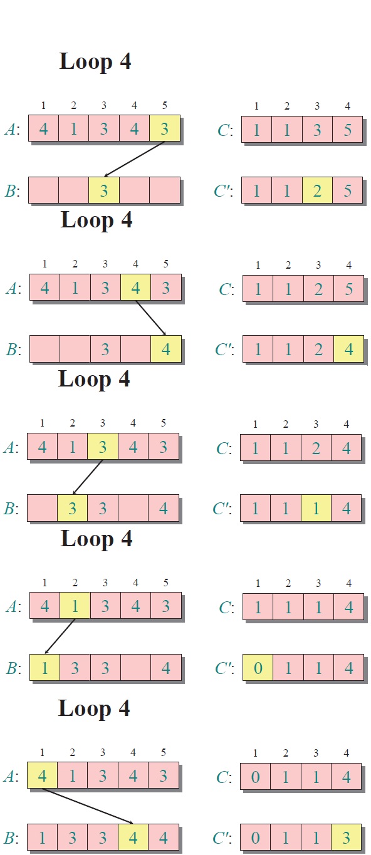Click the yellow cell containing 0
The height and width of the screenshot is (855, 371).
(x=258, y=668)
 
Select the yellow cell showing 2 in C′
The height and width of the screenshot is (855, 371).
(x=317, y=190)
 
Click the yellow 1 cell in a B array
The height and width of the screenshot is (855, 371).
(x=44, y=668)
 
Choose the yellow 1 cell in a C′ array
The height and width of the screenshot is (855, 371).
(x=316, y=508)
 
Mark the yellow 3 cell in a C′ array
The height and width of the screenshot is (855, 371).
(x=346, y=837)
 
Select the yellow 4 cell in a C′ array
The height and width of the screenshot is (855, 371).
(x=349, y=349)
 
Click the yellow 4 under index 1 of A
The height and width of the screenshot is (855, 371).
(x=42, y=775)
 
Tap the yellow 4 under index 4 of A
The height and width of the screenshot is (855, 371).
(x=135, y=288)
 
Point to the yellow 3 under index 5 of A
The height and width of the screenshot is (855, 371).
(x=165, y=128)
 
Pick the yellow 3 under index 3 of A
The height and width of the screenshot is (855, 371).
(x=102, y=447)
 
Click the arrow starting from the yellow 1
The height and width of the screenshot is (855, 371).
(x=60, y=636)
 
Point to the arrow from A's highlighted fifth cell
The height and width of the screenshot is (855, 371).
(x=135, y=159)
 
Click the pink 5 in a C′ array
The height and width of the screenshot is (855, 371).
(x=347, y=190)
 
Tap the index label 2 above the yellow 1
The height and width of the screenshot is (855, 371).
(x=75, y=583)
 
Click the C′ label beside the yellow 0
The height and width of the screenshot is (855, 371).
(x=224, y=668)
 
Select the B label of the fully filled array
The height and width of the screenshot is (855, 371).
(x=11, y=838)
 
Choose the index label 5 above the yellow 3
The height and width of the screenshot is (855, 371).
(x=165, y=105)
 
